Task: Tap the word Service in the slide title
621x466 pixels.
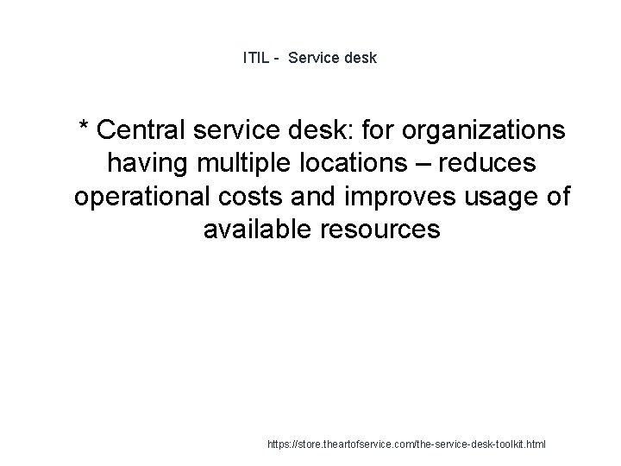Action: click(x=316, y=59)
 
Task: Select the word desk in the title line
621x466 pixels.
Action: click(x=361, y=59)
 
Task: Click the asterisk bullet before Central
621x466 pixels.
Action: click(x=85, y=129)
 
